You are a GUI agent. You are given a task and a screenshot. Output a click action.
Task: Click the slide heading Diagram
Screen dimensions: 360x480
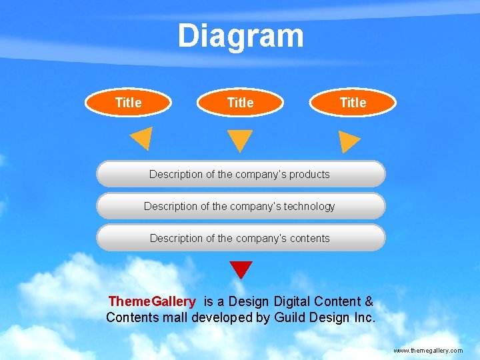240,37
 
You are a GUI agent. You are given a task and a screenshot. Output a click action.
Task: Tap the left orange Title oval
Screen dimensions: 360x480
129,103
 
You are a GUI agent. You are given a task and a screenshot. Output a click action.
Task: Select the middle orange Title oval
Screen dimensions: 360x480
241,103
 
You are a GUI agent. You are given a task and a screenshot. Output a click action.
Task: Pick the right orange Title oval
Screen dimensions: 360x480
353,103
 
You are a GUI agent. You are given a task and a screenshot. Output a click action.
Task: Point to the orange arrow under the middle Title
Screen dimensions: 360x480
240,139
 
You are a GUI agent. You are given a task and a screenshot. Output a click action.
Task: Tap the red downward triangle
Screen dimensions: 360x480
241,269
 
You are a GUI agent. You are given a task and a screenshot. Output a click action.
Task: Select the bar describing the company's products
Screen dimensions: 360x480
241,174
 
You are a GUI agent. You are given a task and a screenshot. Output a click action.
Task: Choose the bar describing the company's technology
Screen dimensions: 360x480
241,206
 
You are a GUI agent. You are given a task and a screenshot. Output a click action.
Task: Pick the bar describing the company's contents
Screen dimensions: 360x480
241,238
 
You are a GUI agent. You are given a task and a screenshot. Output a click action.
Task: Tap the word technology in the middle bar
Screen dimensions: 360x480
309,207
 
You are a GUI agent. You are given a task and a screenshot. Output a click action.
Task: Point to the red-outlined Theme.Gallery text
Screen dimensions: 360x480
152,302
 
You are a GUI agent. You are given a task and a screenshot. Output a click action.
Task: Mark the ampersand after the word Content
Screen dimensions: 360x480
369,302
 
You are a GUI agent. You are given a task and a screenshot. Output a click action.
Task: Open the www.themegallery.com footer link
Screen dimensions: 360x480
428,350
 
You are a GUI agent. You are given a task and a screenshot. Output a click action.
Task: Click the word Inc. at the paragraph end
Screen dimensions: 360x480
365,317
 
